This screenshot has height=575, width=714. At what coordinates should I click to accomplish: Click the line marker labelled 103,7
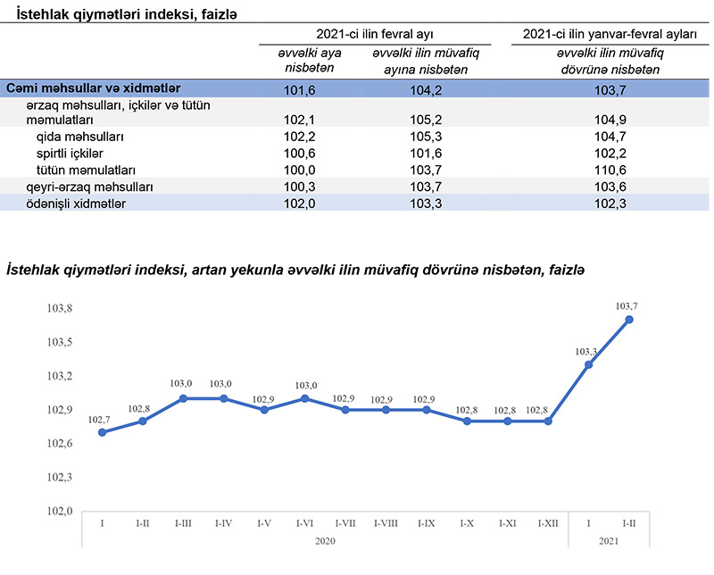coord(629,320)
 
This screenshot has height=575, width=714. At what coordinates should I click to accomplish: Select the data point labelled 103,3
coord(589,364)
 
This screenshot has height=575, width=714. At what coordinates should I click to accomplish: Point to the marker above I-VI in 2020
coord(305,398)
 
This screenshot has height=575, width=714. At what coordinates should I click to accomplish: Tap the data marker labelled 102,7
coord(103,432)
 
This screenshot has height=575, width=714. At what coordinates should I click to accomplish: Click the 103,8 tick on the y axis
coord(60,308)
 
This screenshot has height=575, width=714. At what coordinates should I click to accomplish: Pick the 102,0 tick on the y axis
coord(60,511)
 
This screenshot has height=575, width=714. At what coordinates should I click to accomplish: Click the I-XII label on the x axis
coord(548,523)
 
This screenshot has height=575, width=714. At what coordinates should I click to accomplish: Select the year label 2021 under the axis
coord(609,541)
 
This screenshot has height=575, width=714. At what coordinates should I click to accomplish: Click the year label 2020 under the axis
coord(325,541)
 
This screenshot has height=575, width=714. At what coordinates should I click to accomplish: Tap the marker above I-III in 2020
coord(184,398)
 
